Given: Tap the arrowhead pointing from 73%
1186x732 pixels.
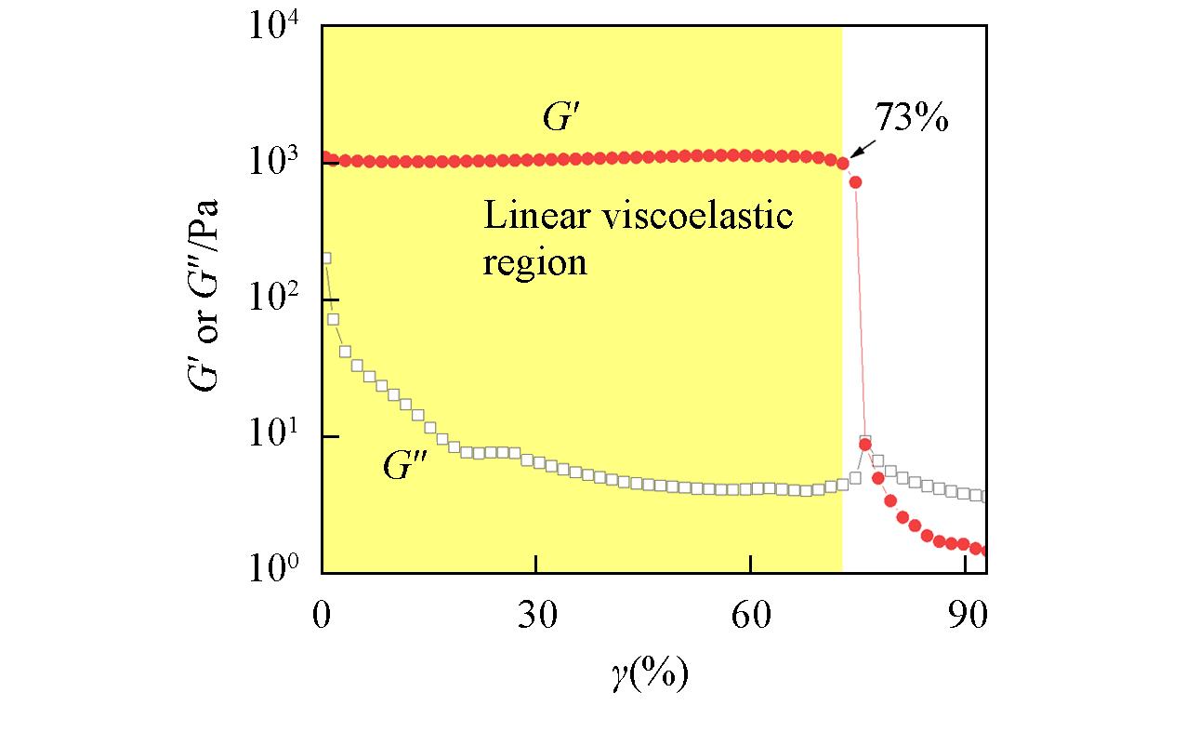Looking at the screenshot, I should click(x=853, y=154).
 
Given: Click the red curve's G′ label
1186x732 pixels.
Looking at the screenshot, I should click(x=561, y=118).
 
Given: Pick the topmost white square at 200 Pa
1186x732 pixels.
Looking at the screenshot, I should click(x=325, y=258).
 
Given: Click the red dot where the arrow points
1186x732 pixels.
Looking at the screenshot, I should click(x=843, y=164).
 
